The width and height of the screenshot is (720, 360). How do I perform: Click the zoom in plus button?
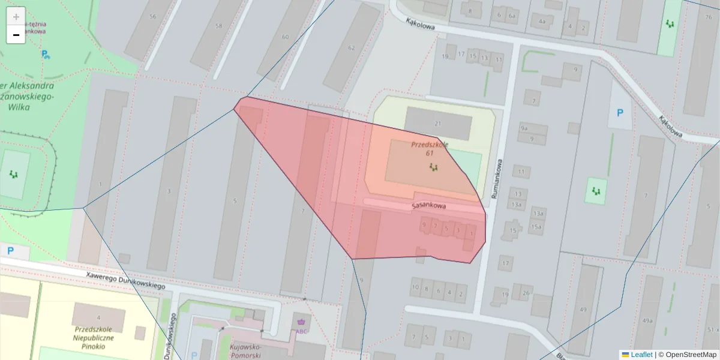click(x=16, y=17)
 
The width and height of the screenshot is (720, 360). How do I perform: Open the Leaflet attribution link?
click(x=641, y=355)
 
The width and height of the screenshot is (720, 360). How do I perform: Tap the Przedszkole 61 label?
click(x=430, y=148)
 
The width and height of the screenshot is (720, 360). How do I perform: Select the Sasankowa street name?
click(x=428, y=206)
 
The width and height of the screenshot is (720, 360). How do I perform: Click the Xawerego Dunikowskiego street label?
click(x=125, y=280)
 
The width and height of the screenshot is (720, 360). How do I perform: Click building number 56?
click(x=152, y=17)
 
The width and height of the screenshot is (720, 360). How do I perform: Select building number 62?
click(x=352, y=47)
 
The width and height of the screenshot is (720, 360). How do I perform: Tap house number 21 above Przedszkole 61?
click(x=437, y=124)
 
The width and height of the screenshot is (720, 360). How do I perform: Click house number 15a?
click(x=535, y=227)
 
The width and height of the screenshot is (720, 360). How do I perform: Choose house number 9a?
click(x=524, y=128)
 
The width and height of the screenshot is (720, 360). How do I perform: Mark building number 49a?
click(x=647, y=321)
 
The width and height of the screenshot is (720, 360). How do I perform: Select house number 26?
click(x=526, y=293)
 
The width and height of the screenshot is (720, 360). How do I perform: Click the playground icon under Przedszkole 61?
click(x=433, y=167)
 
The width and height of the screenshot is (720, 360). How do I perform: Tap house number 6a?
click(x=512, y=16)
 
